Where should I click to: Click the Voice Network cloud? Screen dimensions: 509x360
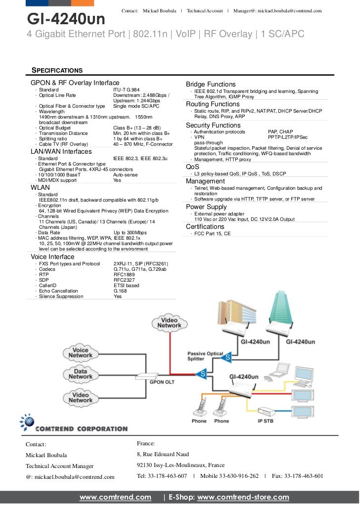(81, 353)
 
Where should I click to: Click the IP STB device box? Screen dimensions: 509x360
(266, 411)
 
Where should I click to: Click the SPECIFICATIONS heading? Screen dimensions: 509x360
(57, 70)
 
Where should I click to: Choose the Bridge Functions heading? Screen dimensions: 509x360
(211, 85)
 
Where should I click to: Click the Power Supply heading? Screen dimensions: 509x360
(206, 207)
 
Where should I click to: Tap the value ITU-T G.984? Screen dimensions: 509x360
(127, 90)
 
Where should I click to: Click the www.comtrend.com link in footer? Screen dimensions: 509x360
(115, 497)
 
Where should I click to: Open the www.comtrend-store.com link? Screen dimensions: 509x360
(243, 497)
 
